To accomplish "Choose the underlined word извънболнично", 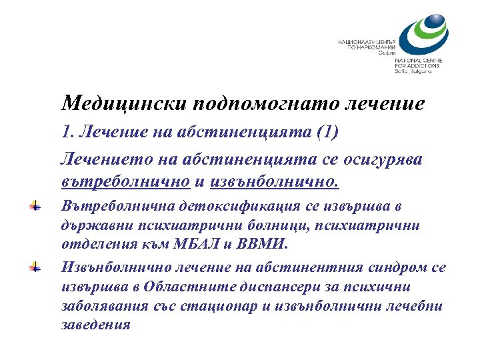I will [274, 181].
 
